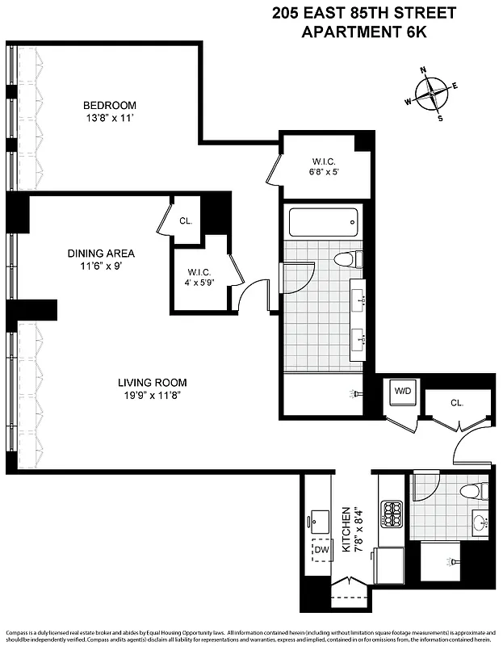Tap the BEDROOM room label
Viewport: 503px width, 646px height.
coord(110,105)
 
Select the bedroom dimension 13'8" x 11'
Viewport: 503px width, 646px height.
coord(110,119)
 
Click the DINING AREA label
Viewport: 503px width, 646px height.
coord(101,253)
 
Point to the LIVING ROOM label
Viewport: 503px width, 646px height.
coord(153,383)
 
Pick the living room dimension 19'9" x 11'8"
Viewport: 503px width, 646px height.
coord(153,396)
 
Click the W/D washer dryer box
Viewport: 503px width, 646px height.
coord(402,392)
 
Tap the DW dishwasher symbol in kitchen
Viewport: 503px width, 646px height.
coord(323,550)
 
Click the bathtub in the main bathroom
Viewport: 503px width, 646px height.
coord(322,221)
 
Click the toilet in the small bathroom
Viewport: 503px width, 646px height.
coord(472,491)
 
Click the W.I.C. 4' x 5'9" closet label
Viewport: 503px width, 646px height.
coord(199,278)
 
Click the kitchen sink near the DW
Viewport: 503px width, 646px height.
coord(320,519)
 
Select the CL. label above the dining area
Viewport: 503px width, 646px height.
coord(186,220)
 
